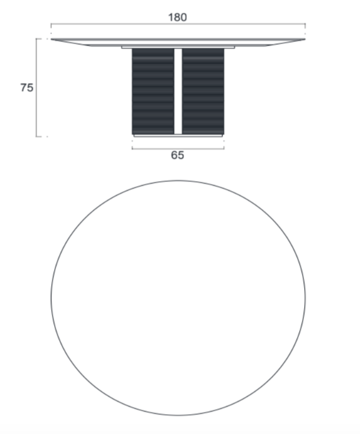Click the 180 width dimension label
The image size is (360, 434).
[177, 18]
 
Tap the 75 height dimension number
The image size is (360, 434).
[27, 88]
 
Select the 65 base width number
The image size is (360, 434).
[177, 155]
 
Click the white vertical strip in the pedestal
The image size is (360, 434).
[178, 91]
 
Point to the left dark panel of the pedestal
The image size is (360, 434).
[153, 91]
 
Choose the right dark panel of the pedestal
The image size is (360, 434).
[203, 91]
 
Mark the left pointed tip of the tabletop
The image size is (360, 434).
[51, 39]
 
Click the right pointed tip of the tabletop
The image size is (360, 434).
[305, 39]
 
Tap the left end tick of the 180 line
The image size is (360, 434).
[51, 25]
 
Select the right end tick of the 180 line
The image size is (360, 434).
[305, 25]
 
